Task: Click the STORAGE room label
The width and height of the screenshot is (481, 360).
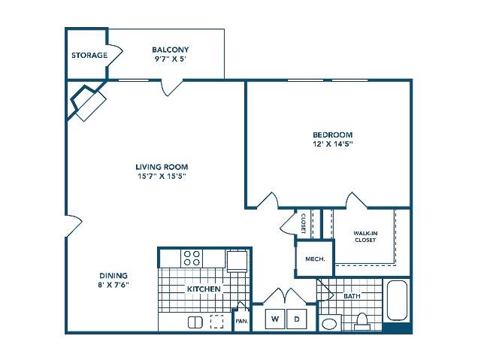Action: click(x=89, y=55)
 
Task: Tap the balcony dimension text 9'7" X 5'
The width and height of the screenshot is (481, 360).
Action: click(x=171, y=59)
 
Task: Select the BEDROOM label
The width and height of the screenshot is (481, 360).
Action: click(x=332, y=135)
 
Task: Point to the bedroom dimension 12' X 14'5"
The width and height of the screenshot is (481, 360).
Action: click(x=332, y=144)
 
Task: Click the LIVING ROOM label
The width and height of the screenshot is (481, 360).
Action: click(x=162, y=167)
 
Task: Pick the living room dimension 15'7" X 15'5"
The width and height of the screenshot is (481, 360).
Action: click(x=162, y=177)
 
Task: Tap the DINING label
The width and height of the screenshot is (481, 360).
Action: click(x=113, y=275)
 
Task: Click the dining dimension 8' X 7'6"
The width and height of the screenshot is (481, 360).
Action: click(x=113, y=285)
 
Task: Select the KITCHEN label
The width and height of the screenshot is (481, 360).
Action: click(x=204, y=289)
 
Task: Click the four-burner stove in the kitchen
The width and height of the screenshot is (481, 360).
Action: click(x=192, y=258)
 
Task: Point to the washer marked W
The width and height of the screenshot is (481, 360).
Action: click(x=275, y=319)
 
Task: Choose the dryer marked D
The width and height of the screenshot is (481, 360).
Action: click(x=297, y=319)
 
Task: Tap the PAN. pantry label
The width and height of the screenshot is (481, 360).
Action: click(x=242, y=322)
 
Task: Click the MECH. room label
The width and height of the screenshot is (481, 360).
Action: click(x=315, y=259)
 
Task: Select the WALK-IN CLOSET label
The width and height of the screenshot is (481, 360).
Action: click(x=365, y=237)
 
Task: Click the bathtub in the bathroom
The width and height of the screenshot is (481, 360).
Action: click(x=397, y=301)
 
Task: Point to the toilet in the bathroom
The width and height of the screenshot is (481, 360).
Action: click(x=362, y=322)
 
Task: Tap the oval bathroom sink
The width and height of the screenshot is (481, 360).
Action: click(x=329, y=324)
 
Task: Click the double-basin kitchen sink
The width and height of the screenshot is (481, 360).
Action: click(x=195, y=322)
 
